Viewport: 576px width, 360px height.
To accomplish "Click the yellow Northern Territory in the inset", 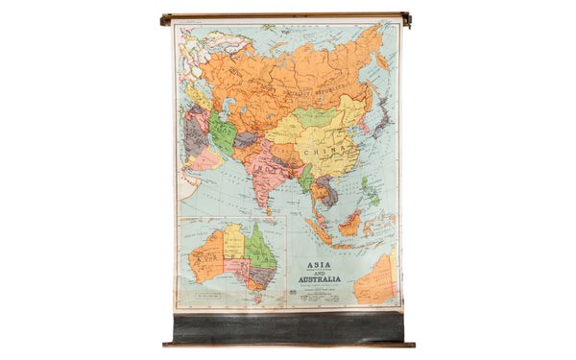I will pos(233,241).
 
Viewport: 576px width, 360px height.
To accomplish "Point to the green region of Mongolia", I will pos(313,117).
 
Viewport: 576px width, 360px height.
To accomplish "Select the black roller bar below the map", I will pos(288,326).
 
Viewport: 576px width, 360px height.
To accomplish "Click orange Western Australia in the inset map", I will pos(205,258).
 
